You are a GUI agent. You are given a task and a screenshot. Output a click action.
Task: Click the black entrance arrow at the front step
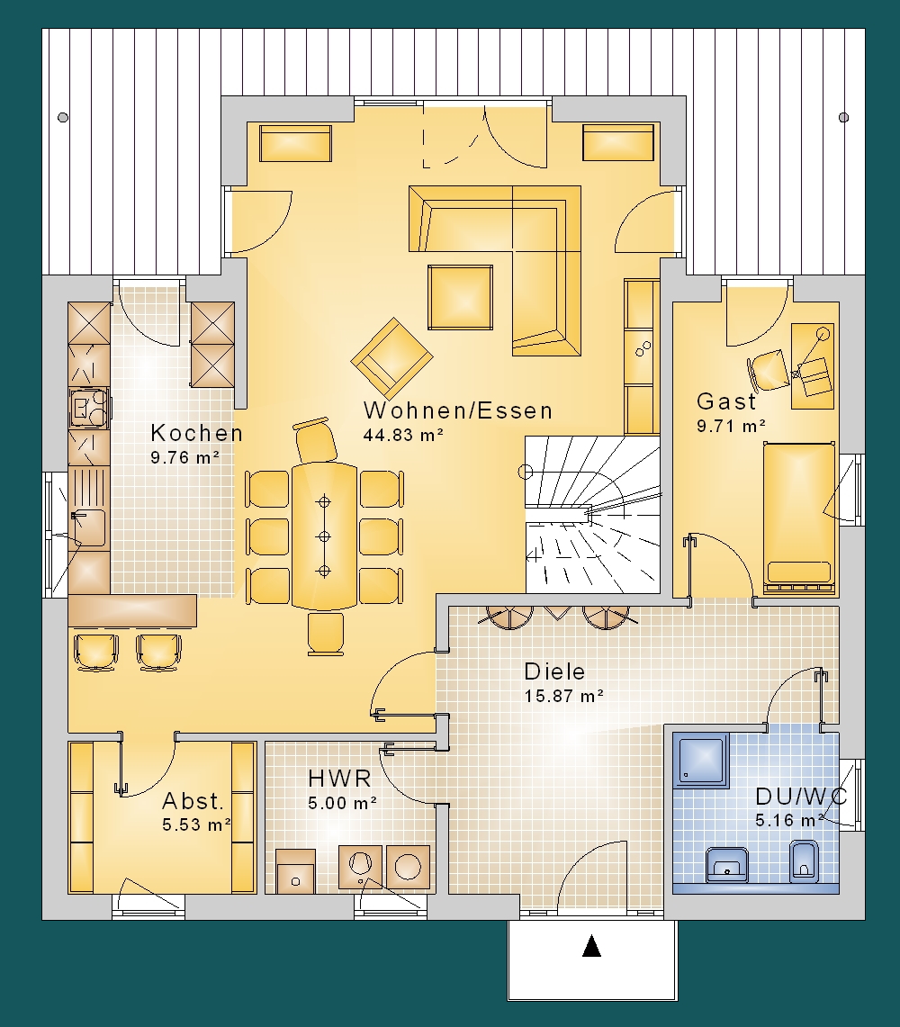(591, 946)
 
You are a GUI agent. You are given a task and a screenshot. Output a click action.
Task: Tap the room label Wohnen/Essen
(458, 410)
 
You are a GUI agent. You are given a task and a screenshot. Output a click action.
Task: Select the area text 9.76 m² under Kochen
(184, 457)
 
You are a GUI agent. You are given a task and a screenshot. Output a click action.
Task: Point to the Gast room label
(725, 401)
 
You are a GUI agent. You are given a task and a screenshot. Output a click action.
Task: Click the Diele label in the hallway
(554, 671)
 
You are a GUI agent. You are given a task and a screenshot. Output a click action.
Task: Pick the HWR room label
(340, 778)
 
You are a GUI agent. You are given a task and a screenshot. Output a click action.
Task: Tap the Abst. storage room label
(193, 800)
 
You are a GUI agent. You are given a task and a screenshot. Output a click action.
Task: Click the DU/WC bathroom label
(801, 797)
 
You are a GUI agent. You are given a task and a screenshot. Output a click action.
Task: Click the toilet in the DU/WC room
(803, 860)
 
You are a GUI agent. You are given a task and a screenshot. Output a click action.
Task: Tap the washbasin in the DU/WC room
(726, 865)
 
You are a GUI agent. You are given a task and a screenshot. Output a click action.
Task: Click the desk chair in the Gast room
(769, 369)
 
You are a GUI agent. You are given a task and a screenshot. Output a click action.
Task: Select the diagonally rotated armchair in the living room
(391, 358)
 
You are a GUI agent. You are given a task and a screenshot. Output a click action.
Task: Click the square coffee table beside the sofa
(460, 297)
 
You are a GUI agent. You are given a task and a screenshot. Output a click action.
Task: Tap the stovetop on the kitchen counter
(89, 408)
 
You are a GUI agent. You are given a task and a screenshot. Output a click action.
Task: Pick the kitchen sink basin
(88, 528)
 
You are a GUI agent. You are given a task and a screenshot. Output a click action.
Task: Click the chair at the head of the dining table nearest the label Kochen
(316, 441)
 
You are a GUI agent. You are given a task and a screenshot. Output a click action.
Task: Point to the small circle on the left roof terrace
(63, 117)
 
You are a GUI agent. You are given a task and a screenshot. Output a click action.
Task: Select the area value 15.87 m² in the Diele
(563, 696)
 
